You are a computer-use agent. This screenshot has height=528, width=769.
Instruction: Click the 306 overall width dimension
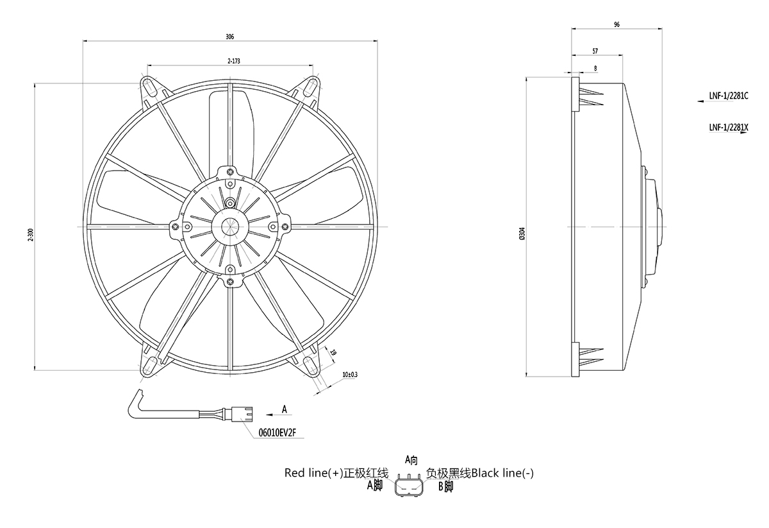[x=229, y=37]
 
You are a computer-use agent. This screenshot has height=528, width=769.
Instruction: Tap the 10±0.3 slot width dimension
[x=350, y=374]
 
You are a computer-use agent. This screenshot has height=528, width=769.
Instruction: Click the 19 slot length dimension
[x=334, y=352]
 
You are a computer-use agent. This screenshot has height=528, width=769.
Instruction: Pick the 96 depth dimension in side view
[x=616, y=24]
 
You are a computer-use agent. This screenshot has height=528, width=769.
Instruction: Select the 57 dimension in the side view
[x=595, y=50]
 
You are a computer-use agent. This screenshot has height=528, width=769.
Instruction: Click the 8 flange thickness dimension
[x=595, y=67]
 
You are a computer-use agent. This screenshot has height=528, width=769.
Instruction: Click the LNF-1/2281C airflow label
[x=729, y=97]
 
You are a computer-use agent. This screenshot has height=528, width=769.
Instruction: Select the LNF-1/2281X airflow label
[x=729, y=127]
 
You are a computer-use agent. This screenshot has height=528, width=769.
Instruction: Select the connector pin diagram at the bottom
[x=410, y=486]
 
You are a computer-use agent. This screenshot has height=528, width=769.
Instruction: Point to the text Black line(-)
[x=502, y=473]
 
